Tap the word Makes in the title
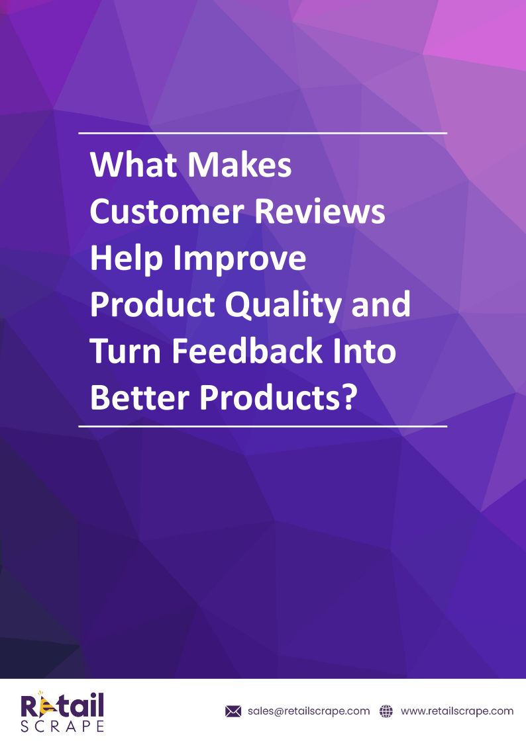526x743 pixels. coord(240,165)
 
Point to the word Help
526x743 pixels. coord(126,259)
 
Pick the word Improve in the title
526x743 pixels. coord(239,259)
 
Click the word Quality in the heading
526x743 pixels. coord(283,306)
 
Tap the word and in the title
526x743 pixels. coord(381,304)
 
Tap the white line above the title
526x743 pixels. coord(263,134)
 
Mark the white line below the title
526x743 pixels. coord(263,427)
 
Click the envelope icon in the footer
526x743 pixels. coord(233,711)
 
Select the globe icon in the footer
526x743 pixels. coord(386,711)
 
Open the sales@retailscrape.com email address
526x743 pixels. coord(309,711)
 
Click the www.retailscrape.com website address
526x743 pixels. coord(457,711)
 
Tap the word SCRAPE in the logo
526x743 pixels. coord(62,726)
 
